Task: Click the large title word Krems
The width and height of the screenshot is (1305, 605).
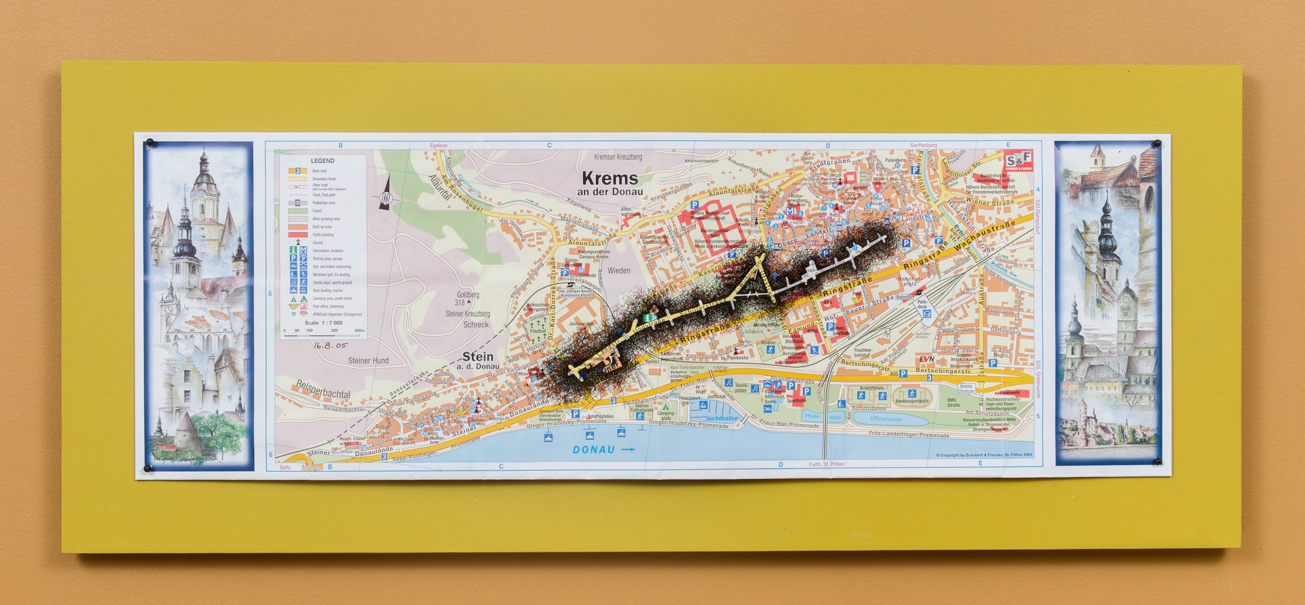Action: tap(610, 179)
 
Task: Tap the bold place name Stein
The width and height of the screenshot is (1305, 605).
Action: tap(478, 356)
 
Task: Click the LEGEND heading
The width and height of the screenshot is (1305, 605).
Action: tap(322, 161)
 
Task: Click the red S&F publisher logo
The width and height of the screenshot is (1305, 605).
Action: tap(1018, 160)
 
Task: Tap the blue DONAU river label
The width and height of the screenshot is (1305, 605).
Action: tap(593, 449)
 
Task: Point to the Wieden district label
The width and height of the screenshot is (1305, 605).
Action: tap(619, 271)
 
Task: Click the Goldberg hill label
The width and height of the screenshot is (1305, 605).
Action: tap(467, 294)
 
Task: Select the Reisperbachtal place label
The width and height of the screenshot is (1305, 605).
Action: tap(323, 390)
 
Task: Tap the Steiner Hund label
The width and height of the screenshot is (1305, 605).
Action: tap(368, 361)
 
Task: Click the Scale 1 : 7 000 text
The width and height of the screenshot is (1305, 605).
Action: tap(323, 322)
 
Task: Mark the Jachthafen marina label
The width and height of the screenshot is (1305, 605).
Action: tap(721, 419)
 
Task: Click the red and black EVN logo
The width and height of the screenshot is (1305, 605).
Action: tap(927, 359)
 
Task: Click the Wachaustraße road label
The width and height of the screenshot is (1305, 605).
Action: tap(984, 235)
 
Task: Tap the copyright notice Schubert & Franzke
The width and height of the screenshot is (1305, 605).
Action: tap(984, 455)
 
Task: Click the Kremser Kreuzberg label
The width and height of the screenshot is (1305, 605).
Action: tap(618, 157)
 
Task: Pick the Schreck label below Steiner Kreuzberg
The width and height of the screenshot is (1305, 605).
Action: tap(476, 324)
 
